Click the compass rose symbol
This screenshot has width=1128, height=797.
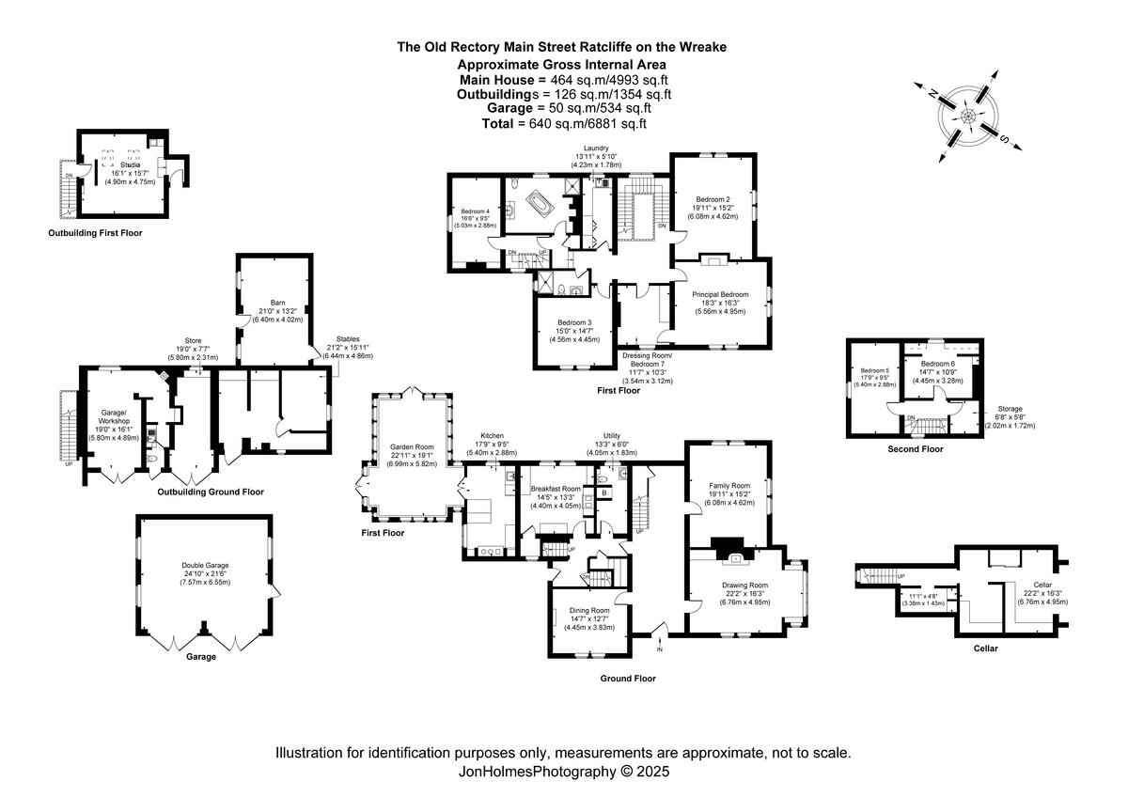(x=967, y=116)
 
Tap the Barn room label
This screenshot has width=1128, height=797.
(x=272, y=303)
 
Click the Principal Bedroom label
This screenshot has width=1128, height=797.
(x=721, y=294)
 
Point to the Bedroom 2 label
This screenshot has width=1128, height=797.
(x=713, y=199)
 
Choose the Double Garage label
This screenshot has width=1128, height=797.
(x=204, y=566)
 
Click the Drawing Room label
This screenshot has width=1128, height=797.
(x=744, y=586)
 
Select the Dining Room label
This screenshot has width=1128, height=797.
(x=589, y=610)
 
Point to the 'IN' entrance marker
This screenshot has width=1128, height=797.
(x=659, y=649)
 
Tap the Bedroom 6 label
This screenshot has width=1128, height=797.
(x=937, y=364)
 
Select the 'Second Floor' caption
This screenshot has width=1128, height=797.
(x=915, y=449)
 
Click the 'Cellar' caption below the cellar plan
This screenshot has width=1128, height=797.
(x=985, y=649)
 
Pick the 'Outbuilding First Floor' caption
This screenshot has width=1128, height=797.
(x=95, y=232)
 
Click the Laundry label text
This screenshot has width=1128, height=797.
(x=597, y=148)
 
